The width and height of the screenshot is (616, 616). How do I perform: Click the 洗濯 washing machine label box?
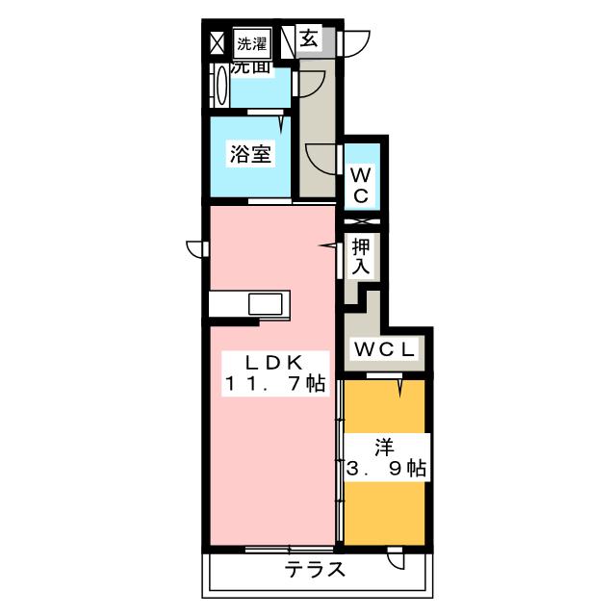252,42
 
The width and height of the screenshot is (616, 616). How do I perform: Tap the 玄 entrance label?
309,39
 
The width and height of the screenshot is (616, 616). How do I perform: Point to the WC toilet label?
361,185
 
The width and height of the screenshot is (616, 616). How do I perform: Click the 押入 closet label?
361,257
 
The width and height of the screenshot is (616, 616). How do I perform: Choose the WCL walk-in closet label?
384,349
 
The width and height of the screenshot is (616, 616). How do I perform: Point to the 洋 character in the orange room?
383,446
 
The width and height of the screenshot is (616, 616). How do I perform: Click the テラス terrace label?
316,569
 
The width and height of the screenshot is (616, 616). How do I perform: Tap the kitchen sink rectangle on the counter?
267,304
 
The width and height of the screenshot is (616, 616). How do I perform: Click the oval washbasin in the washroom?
222,88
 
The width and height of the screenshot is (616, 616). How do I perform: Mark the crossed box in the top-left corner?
217,42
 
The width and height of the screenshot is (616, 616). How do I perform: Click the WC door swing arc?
318,157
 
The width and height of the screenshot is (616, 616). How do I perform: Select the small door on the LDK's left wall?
194,249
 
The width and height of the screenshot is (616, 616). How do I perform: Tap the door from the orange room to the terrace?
396,558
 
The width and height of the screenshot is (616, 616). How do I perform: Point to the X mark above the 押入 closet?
362,222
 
